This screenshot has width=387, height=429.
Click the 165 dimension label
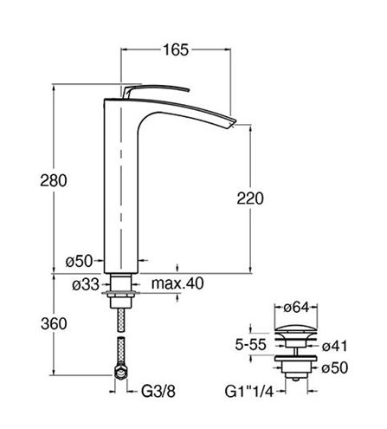[x=176, y=50]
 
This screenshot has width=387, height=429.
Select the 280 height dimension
[x=54, y=180]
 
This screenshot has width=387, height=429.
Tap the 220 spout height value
[x=250, y=198]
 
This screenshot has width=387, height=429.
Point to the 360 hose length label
[x=54, y=323]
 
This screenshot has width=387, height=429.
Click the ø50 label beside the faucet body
[x=79, y=261]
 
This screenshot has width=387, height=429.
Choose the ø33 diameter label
[x=86, y=285]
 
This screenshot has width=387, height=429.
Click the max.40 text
[x=177, y=283]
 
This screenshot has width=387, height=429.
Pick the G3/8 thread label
[x=158, y=392]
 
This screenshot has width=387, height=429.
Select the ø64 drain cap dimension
[x=296, y=308]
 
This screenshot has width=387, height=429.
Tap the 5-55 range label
[x=250, y=344]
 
